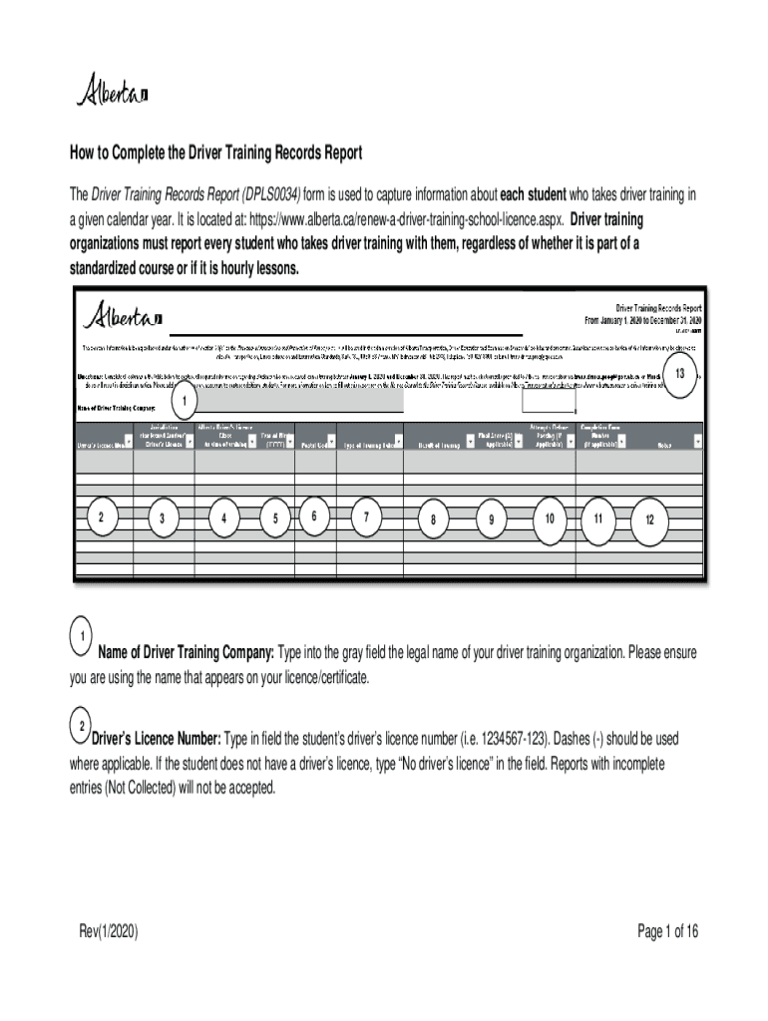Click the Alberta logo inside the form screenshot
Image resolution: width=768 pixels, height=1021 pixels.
pyautogui.click(x=122, y=317)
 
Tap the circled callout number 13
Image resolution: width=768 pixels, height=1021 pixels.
pyautogui.click(x=679, y=374)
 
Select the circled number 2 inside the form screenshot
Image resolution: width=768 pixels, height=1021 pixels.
pyautogui.click(x=101, y=515)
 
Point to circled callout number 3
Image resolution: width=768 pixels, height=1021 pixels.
pyautogui.click(x=162, y=517)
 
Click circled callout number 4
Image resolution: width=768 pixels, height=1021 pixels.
pyautogui.click(x=224, y=517)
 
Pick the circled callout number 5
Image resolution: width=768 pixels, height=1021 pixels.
pyautogui.click(x=274, y=517)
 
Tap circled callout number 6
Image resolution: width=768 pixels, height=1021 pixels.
pyautogui.click(x=313, y=515)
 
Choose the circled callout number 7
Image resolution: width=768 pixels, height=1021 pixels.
pyautogui.click(x=367, y=516)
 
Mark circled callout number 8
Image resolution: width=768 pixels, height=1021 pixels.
pyautogui.click(x=433, y=518)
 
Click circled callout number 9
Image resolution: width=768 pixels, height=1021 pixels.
pyautogui.click(x=491, y=518)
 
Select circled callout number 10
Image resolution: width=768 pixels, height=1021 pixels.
pyautogui.click(x=550, y=517)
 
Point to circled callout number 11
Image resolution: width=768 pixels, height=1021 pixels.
pyautogui.click(x=597, y=517)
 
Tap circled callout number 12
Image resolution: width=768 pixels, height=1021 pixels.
pyautogui.click(x=649, y=519)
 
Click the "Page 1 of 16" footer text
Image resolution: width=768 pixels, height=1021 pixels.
pyautogui.click(x=668, y=932)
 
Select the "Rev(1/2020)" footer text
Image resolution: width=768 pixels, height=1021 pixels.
pyautogui.click(x=109, y=932)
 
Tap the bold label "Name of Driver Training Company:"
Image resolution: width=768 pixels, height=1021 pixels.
pyautogui.click(x=186, y=653)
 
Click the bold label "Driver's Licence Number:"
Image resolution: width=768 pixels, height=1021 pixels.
pyautogui.click(x=157, y=740)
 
